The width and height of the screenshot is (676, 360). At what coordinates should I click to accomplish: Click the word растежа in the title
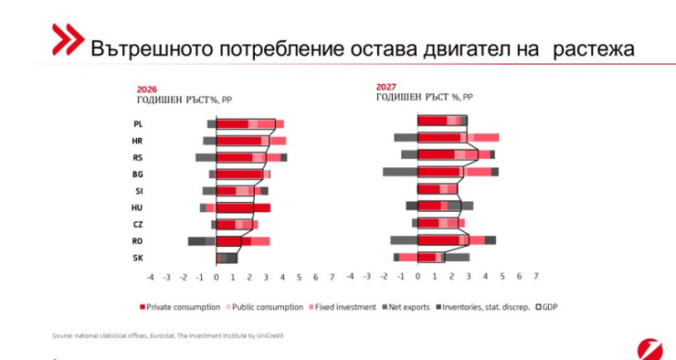591,48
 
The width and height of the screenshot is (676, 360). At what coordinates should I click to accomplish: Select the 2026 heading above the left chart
146,90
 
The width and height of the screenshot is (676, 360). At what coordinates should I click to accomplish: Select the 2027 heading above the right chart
386,88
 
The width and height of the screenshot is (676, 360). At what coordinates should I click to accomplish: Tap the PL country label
138,124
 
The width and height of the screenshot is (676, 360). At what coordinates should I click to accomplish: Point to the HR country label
137,141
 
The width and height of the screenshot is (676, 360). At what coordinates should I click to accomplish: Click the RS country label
137,157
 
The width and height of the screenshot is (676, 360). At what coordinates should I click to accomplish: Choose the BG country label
137,174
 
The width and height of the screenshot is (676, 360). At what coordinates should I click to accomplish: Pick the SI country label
138,191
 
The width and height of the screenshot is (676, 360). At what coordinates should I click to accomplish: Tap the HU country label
137,207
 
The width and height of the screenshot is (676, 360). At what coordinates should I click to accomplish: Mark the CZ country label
137,224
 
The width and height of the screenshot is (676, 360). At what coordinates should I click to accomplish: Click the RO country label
137,241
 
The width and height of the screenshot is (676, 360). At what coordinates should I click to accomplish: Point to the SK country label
137,258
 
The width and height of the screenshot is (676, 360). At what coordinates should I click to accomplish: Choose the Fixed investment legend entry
344,307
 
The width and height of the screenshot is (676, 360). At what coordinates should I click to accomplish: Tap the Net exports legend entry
409,307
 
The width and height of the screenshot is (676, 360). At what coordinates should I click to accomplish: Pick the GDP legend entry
548,307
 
